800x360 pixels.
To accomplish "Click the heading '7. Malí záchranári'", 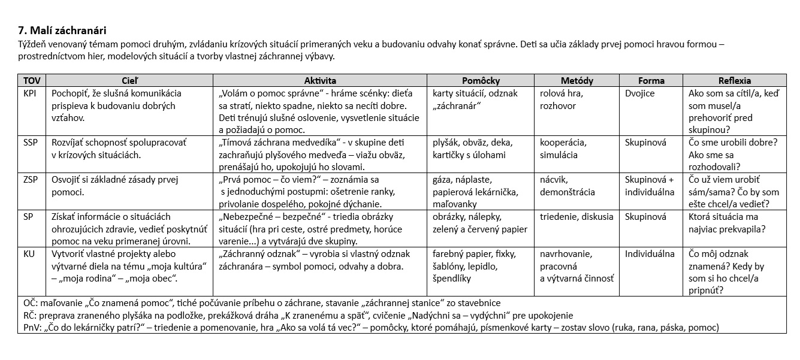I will tap(63, 31).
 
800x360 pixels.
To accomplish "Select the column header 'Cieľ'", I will tap(129, 80).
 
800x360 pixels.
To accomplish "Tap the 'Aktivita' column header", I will tap(320, 80).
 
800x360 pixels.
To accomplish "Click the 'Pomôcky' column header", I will tap(481, 80).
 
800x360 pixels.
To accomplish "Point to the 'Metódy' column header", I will tap(576, 80).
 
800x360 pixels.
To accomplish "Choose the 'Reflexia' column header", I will tap(734, 80).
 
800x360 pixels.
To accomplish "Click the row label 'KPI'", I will tap(30, 93).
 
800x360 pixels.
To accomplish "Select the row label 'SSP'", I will tap(30, 143).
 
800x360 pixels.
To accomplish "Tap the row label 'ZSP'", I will tap(30, 180).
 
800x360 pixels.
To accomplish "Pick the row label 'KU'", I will tap(29, 254).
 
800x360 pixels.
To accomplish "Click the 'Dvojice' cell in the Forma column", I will tap(639, 93).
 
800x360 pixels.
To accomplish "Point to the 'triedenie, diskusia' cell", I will tap(576, 217).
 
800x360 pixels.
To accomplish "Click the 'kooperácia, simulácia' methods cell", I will tap(563, 149).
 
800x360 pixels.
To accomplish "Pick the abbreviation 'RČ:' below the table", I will tap(28, 316).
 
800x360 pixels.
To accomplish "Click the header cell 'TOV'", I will tap(31, 80).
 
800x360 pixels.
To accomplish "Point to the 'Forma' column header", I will tap(651, 80).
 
